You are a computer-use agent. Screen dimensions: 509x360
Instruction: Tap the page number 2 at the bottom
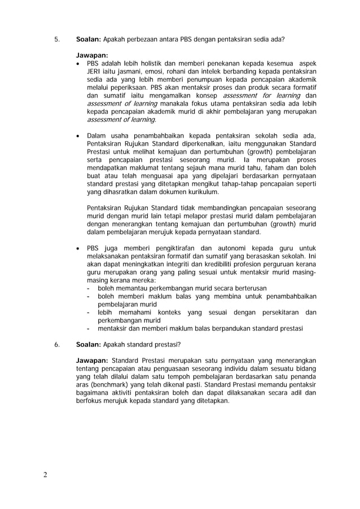(x=45, y=474)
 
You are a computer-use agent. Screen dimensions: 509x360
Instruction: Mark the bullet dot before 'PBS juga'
(x=78, y=248)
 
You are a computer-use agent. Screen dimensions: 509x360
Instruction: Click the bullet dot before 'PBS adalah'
(x=78, y=64)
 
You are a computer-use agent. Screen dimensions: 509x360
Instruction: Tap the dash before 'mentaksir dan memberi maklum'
(x=89, y=329)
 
